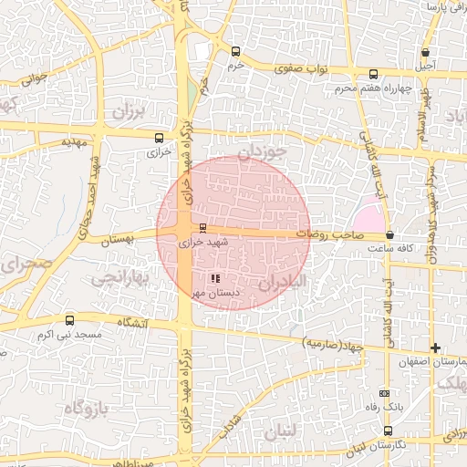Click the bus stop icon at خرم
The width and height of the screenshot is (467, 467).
(x=237, y=51)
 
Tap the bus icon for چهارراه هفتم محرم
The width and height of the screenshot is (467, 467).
(x=372, y=75)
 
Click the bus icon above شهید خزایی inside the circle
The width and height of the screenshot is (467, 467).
(x=202, y=228)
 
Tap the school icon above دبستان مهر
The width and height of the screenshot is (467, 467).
(x=214, y=278)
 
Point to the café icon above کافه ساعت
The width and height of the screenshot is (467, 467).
(x=390, y=235)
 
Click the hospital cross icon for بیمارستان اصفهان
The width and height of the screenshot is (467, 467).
(x=436, y=348)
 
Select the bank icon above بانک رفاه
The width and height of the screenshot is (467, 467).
(x=383, y=392)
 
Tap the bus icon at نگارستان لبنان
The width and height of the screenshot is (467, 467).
(x=389, y=430)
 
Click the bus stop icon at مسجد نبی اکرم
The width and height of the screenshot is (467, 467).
(x=71, y=320)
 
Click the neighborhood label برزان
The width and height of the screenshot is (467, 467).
(x=130, y=112)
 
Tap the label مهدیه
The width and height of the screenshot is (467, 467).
(x=72, y=143)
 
